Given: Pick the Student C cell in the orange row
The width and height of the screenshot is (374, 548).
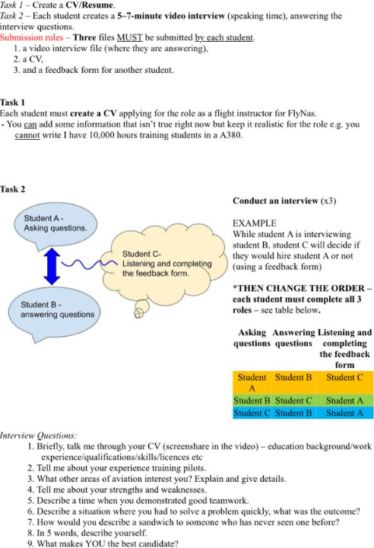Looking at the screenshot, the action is point(344,377).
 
